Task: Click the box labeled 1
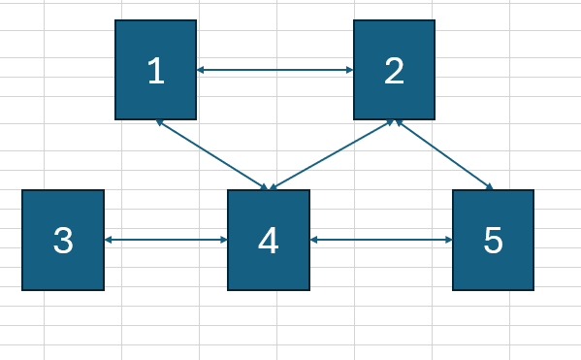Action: click(155, 70)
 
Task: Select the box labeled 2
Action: click(394, 70)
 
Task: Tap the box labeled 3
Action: click(62, 240)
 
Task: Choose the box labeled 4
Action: click(269, 240)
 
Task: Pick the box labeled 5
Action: click(493, 240)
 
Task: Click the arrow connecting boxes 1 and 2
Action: click(274, 70)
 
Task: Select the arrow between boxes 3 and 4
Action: click(165, 240)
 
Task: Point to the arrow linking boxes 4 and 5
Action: click(381, 240)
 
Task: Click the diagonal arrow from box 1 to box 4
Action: click(211, 154)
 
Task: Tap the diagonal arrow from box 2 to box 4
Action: click(332, 154)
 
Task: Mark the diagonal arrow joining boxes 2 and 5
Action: click(443, 154)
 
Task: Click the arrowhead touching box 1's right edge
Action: click(201, 70)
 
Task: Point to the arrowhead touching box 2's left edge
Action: click(348, 70)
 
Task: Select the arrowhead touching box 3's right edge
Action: click(108, 240)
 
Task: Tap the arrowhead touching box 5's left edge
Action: click(448, 240)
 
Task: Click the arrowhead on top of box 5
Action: click(490, 187)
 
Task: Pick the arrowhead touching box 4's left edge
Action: click(223, 240)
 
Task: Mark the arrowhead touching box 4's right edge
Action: click(314, 240)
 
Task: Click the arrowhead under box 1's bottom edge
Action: click(159, 122)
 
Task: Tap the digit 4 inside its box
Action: click(269, 241)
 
